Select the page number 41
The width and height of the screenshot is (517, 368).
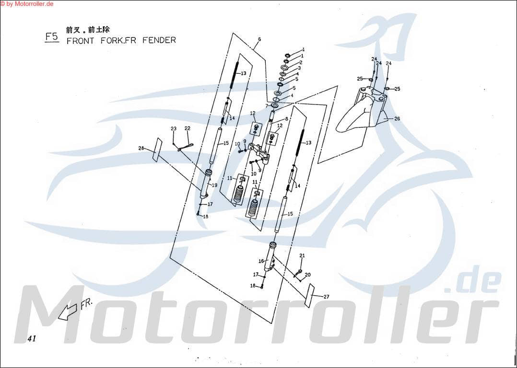(32, 339)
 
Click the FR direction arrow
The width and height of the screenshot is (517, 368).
(68, 311)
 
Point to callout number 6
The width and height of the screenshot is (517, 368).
(259, 39)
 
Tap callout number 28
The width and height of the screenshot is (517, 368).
(141, 149)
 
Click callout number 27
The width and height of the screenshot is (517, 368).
(326, 297)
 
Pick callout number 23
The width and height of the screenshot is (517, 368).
(174, 128)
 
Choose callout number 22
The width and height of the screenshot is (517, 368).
(188, 128)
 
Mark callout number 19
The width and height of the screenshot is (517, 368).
(214, 185)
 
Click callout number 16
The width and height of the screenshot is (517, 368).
(261, 261)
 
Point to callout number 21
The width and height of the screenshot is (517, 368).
(302, 255)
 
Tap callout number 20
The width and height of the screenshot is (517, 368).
(307, 275)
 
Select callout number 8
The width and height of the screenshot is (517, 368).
(286, 118)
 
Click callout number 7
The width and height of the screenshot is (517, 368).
(267, 105)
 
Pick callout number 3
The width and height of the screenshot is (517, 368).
(299, 69)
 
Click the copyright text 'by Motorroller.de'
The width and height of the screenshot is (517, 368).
(27, 4)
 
